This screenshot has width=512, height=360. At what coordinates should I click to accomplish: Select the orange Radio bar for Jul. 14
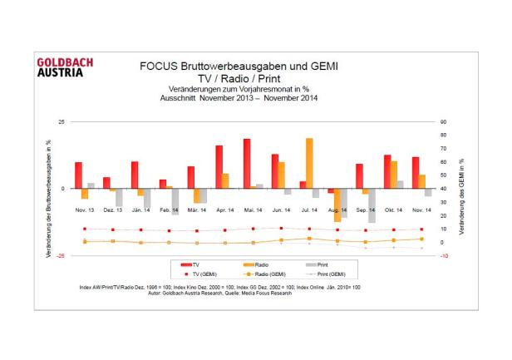coord(309,163)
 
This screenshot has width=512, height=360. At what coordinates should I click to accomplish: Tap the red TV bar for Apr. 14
coord(219,166)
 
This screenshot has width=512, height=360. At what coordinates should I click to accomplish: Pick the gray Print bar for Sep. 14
coord(372,205)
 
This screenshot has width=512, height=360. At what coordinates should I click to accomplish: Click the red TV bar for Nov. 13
coord(79,175)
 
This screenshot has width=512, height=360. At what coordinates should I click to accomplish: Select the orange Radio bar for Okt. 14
coord(393,175)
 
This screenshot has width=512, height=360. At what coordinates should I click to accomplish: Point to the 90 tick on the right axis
coord(445,121)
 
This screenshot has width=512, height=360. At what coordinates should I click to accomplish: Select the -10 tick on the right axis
coord(445,255)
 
